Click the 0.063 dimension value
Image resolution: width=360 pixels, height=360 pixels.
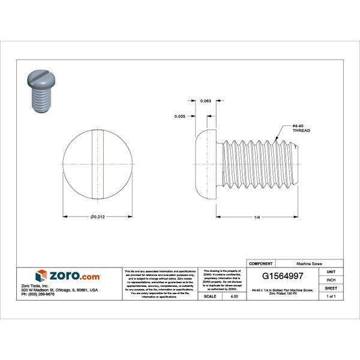tap(205, 101)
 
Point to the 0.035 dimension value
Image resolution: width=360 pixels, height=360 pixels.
tap(179, 115)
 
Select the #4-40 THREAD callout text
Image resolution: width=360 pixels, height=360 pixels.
tap(301, 127)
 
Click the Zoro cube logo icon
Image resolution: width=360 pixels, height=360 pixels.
tap(40, 276)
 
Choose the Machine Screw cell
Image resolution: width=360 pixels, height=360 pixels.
tap(309, 263)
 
